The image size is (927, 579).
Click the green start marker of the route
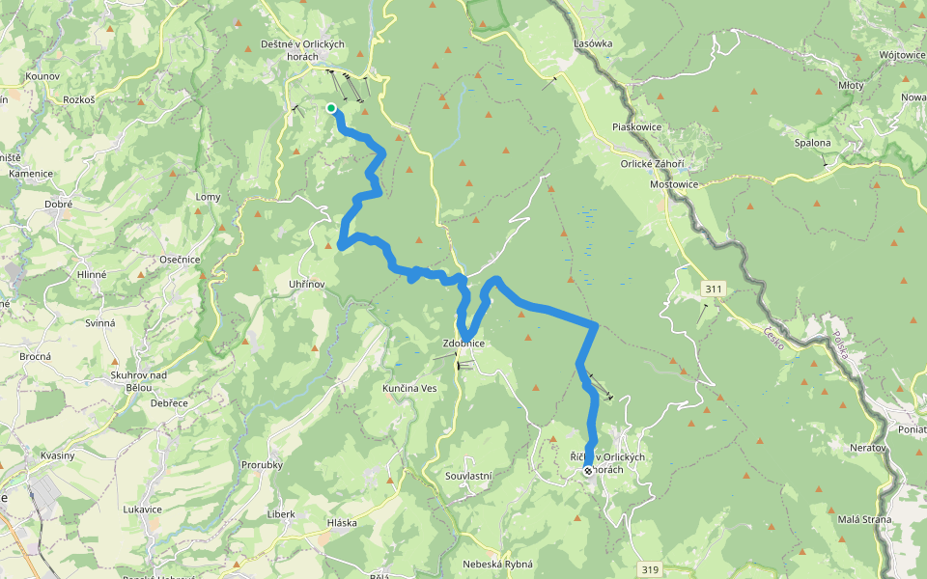(331, 108)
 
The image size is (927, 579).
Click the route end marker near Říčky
(588, 471)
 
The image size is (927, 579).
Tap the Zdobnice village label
(463, 344)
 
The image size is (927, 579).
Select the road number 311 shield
(714, 289)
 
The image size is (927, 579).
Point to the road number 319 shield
(650, 570)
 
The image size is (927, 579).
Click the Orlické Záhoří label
(653, 163)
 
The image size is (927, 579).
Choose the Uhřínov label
(313, 283)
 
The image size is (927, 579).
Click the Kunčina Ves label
(409, 387)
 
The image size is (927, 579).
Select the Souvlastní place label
(469, 476)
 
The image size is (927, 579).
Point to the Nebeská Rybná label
(498, 564)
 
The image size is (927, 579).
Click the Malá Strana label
(864, 519)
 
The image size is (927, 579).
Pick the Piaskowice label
(636, 126)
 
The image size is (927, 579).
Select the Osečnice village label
(180, 260)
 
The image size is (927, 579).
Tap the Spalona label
(812, 143)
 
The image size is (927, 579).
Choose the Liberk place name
(281, 513)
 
